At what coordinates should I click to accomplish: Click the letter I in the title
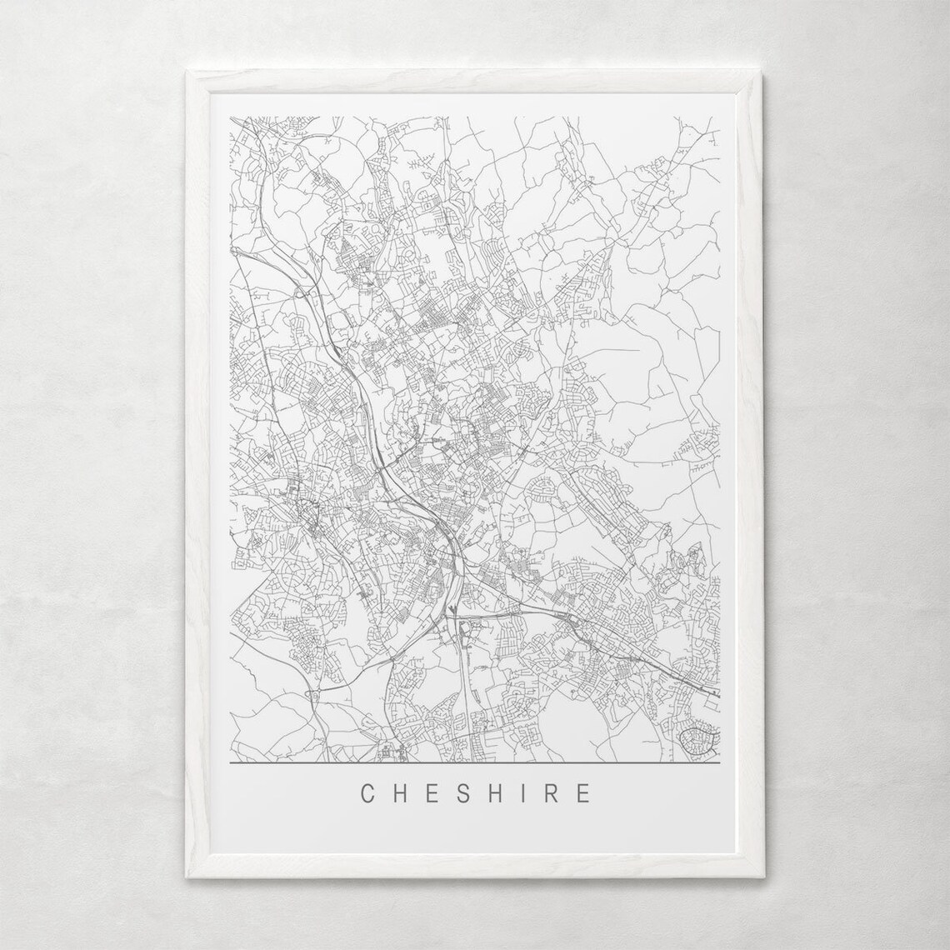(522, 792)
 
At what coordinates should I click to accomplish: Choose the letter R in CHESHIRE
(550, 792)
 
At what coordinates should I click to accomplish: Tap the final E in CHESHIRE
(582, 792)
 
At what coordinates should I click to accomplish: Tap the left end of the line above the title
(230, 762)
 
